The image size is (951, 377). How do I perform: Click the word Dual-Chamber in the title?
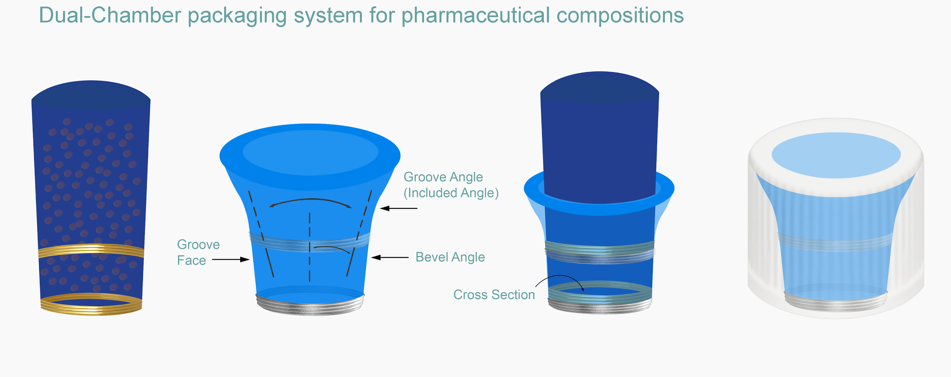(110, 16)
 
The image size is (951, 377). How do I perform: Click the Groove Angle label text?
(443, 177)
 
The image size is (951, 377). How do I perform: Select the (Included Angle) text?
(451, 193)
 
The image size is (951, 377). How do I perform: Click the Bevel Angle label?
(450, 257)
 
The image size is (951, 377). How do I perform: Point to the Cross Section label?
(494, 295)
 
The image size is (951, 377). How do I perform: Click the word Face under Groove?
(191, 260)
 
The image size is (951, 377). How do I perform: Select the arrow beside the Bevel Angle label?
(390, 257)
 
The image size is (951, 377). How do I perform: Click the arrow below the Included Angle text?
(399, 208)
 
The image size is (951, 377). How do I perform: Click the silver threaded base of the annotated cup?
(310, 307)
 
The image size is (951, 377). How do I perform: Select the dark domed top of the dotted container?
(91, 94)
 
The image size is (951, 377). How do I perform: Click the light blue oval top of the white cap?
(836, 155)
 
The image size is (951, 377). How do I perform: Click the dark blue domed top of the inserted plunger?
(599, 87)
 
